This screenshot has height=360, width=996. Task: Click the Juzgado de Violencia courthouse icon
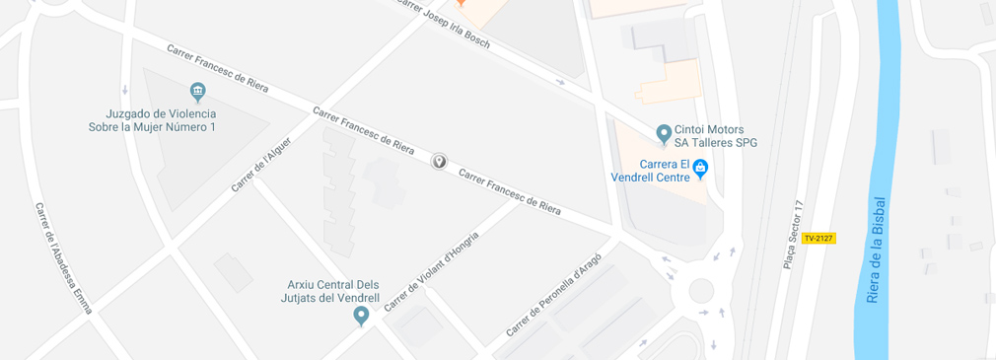point(198,93)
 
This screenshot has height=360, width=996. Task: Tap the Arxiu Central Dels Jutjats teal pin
point(361,316)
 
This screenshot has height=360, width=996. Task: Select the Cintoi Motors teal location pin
point(664,133)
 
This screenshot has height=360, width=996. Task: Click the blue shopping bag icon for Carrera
point(700,169)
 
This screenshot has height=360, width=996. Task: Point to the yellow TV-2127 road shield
point(818,238)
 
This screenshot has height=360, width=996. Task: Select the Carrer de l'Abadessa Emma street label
point(63,258)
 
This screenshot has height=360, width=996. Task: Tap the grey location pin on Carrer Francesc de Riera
point(439,161)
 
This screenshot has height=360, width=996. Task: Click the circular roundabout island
point(700,290)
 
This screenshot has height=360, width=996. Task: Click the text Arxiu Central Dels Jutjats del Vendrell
point(326,291)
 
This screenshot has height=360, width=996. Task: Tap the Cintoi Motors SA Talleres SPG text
point(715,136)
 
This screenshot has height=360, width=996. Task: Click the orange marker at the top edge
point(461,4)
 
